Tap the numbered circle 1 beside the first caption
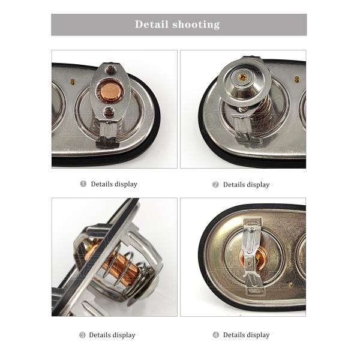pyautogui.click(x=83, y=184)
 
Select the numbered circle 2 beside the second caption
pyautogui.click(x=215, y=184)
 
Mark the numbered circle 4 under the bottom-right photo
pyautogui.click(x=215, y=335)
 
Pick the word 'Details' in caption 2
pyautogui.click(x=235, y=185)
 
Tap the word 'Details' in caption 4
pyautogui.click(x=235, y=335)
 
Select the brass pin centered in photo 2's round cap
pyautogui.click(x=242, y=77)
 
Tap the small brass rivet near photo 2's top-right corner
pyautogui.click(x=296, y=79)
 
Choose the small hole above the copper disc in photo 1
pyautogui.click(x=110, y=71)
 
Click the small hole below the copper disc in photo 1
pyautogui.click(x=109, y=112)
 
